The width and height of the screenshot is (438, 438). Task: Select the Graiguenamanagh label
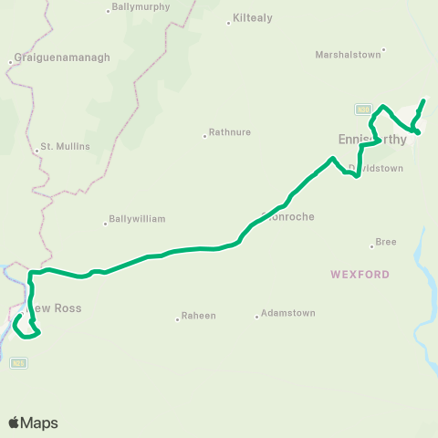[62, 57]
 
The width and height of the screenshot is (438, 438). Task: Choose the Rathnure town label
[230, 132]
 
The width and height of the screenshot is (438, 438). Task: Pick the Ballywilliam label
[137, 219]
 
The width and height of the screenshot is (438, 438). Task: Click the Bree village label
[386, 242]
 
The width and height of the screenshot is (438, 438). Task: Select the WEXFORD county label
[361, 274]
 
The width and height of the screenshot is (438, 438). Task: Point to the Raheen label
[199, 316]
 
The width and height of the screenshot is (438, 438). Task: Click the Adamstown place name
[287, 313]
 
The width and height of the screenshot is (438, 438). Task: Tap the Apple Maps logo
[33, 422]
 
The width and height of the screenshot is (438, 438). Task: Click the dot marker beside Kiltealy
[228, 21]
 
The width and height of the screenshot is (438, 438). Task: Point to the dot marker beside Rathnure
[204, 136]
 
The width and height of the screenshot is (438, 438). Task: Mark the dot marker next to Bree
[371, 245]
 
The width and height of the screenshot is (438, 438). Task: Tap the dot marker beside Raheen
[177, 319]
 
